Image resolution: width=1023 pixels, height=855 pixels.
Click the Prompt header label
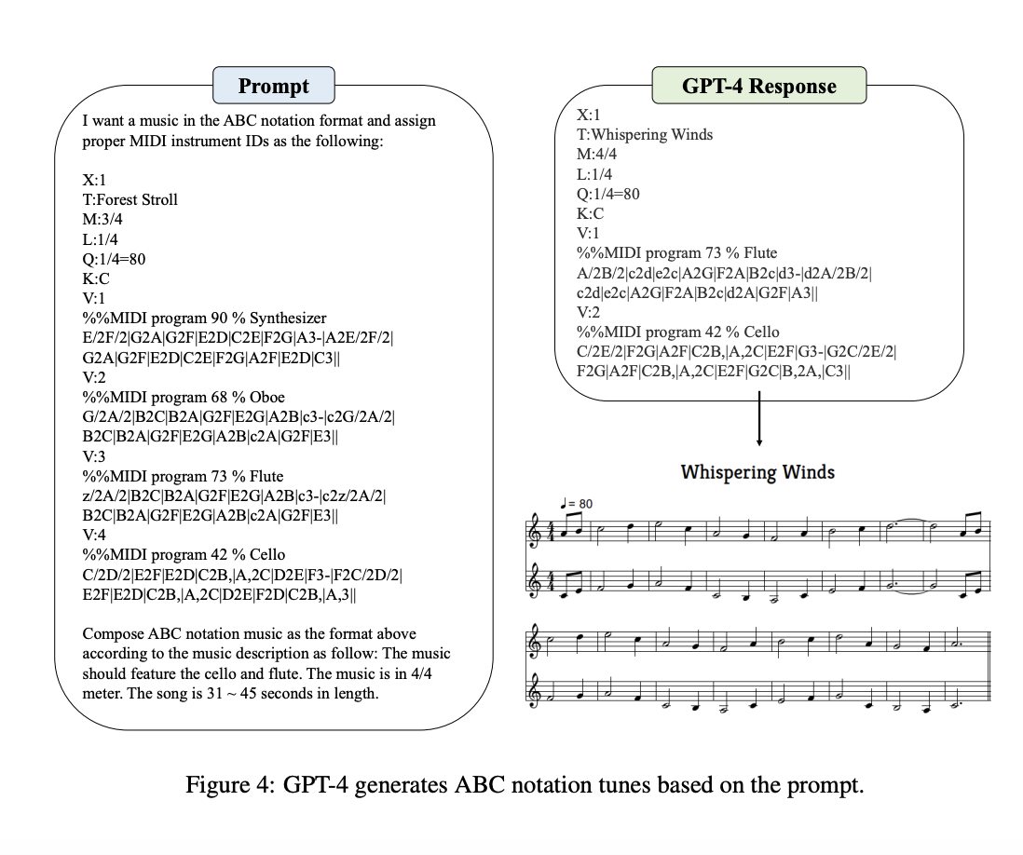coord(273,87)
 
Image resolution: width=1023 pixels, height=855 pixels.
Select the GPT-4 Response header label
coord(758,87)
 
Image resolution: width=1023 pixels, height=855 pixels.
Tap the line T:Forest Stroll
coord(130,199)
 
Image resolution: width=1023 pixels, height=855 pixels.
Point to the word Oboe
coord(267,397)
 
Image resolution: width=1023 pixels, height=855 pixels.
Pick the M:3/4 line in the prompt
coord(102,219)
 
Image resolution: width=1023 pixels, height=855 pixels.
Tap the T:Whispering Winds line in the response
coord(645,134)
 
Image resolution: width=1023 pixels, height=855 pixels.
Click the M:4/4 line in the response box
coord(597,154)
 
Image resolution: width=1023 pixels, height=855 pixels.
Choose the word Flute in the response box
coord(759,252)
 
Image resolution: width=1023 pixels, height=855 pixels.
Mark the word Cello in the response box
coord(761,332)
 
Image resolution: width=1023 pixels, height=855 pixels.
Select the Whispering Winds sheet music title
coord(757,471)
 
